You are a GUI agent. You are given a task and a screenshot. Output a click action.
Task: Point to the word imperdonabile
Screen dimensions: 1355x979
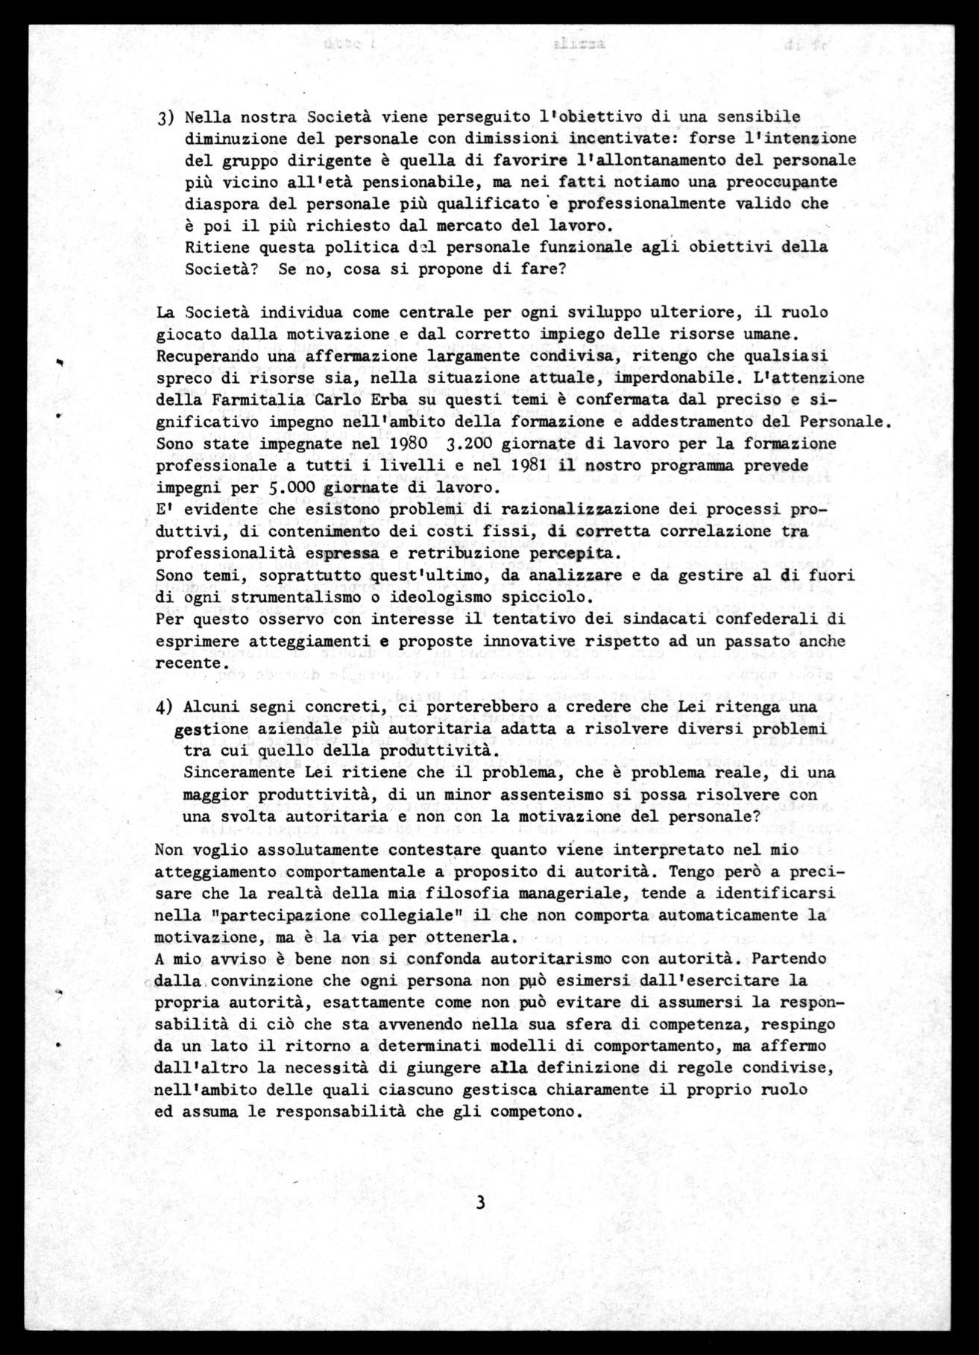pyautogui.click(x=655, y=378)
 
